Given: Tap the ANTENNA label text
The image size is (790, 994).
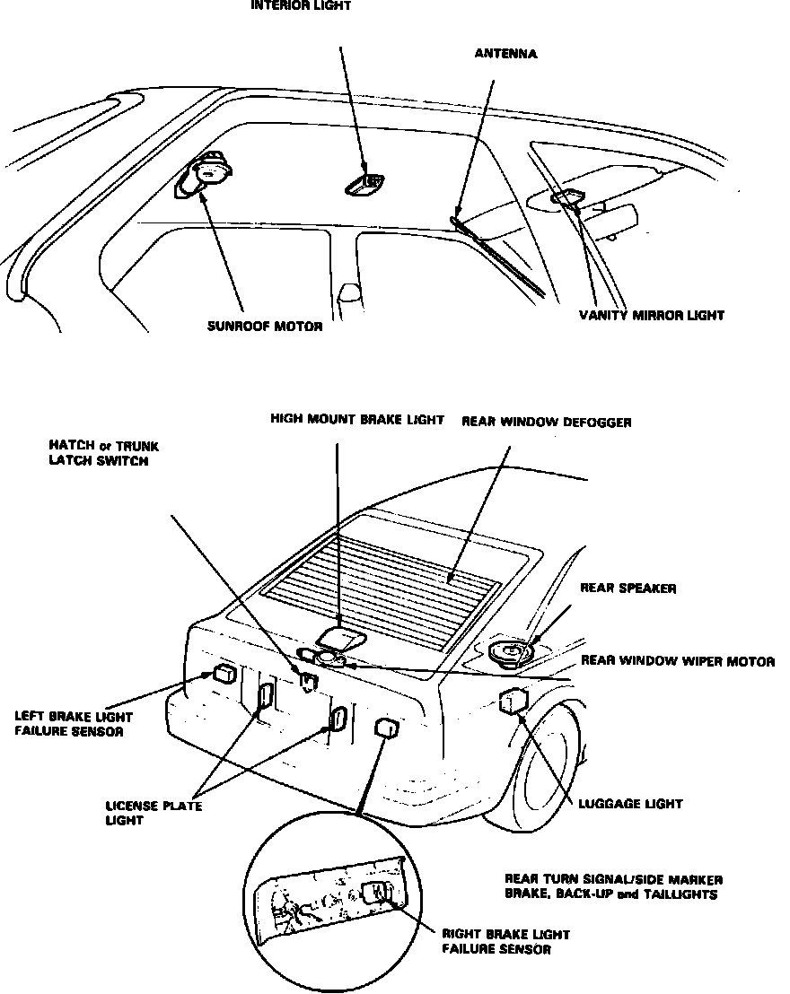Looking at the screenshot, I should click(505, 54).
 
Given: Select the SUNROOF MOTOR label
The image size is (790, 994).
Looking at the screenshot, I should click(264, 327).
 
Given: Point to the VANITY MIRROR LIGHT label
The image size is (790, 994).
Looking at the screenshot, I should click(651, 315).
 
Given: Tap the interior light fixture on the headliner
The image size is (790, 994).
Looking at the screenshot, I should click(365, 184).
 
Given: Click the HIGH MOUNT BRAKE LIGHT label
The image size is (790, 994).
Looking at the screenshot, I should click(356, 420).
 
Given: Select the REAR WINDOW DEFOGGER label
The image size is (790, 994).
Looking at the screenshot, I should click(546, 422).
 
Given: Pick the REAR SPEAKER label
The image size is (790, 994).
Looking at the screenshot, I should click(628, 589).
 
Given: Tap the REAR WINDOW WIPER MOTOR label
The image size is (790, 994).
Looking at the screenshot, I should click(678, 661).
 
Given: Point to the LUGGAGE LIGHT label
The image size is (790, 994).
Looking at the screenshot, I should click(630, 805).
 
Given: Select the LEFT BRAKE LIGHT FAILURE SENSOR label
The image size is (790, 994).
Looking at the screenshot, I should click(74, 724).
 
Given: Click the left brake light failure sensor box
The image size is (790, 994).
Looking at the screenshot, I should click(224, 675).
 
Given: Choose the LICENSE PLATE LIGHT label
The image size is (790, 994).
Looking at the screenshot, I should click(154, 812).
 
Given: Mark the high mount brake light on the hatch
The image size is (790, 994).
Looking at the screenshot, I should click(342, 638).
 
